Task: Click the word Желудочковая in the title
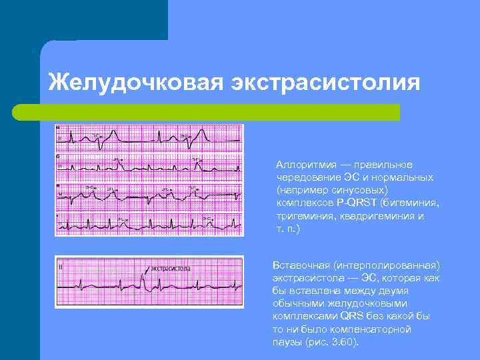(134, 83)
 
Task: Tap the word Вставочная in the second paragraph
(299, 265)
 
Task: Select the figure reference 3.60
(344, 342)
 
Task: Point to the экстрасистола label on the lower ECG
(170, 268)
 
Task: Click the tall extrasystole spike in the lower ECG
(145, 279)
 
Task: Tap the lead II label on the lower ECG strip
(61, 267)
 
